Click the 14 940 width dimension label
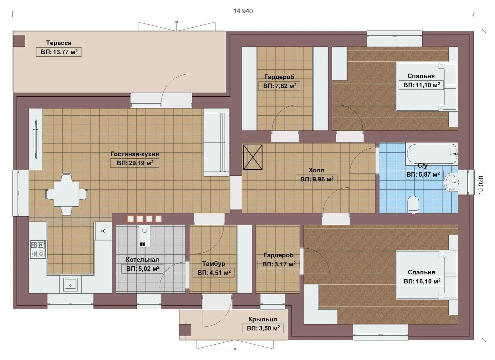pos(243,11)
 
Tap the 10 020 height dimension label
pos(481,185)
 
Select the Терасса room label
pos(59,43)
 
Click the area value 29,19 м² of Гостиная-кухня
pos(135,163)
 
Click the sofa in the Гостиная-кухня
pos(216,142)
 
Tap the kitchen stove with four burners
pos(38,249)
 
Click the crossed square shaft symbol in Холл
pos(253,157)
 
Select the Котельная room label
pos(142,260)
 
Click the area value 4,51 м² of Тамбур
pos(214,273)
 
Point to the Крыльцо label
pos(263,319)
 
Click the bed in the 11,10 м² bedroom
pos(427,87)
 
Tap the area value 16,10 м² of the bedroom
pos(422,281)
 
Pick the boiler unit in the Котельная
pos(144,236)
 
